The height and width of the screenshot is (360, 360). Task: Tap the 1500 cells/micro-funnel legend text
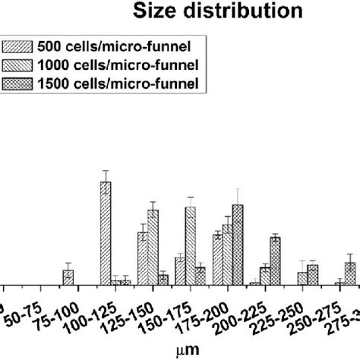point(122,83)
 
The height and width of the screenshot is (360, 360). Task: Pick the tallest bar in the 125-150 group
point(153,247)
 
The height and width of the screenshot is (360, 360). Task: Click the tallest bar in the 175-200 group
point(238,245)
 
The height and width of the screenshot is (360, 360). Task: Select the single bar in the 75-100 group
point(68,277)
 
